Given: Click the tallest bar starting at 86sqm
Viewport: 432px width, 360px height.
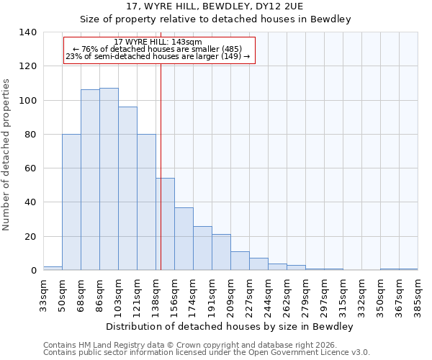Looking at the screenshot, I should tap(109, 179).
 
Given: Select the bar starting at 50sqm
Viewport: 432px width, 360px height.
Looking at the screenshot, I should tap(71, 202).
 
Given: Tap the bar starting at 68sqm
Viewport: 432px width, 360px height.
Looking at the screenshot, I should tap(90, 180).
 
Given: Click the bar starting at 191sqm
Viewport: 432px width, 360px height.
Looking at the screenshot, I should tap(221, 252).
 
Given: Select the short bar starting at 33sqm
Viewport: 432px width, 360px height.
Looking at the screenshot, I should tap(53, 268).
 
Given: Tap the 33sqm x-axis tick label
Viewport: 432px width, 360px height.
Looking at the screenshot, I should tap(43, 295).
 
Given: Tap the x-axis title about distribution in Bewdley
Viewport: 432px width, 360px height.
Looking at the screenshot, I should tap(229, 326).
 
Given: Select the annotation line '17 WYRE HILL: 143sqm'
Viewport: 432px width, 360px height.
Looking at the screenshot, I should tap(158, 42).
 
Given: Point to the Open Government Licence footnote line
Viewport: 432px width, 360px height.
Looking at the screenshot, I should tap(207, 353).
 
